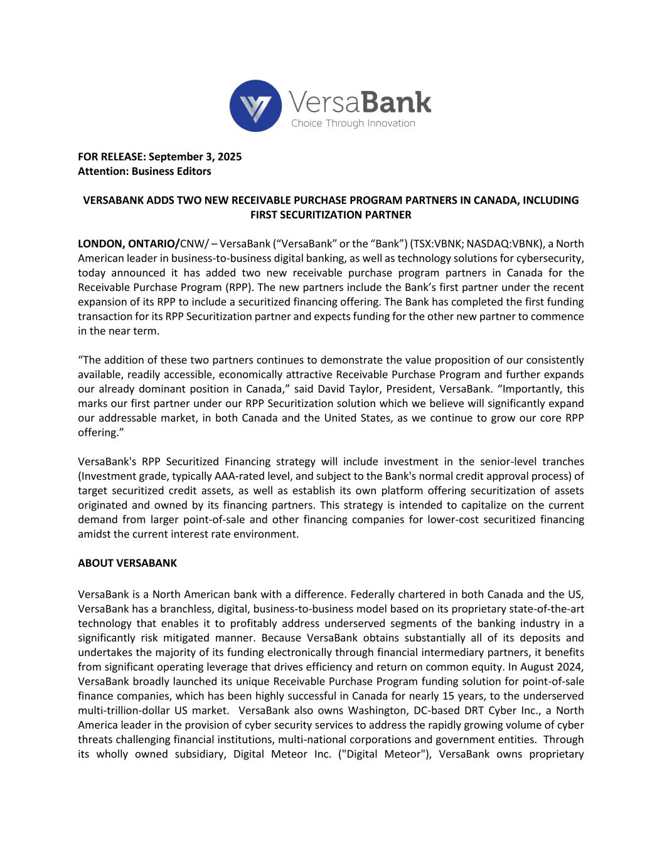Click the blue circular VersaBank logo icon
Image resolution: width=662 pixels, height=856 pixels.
[x=255, y=105]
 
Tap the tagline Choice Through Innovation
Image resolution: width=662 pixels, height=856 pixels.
[x=353, y=123]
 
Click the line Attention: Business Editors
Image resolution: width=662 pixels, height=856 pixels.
[x=144, y=171]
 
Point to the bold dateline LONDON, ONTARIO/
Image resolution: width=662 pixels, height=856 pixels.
[x=129, y=243]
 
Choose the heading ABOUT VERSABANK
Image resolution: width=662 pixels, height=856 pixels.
[x=127, y=563]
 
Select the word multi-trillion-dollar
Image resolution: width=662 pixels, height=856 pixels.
[x=129, y=710]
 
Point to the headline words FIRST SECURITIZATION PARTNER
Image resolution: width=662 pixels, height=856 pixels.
[x=331, y=214]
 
